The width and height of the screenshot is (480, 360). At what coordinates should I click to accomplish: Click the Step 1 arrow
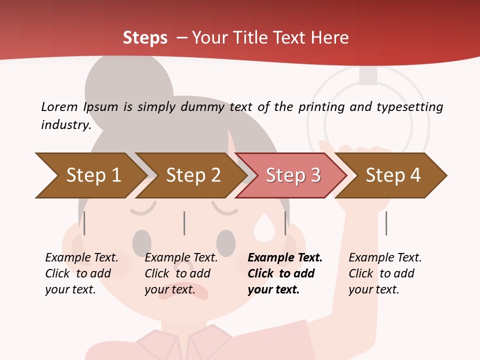click(x=90, y=175)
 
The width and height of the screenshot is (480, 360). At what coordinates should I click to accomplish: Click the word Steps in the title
click(x=145, y=37)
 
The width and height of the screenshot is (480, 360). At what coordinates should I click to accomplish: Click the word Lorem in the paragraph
click(x=59, y=106)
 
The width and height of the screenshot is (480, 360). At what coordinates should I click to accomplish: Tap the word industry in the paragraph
click(x=65, y=124)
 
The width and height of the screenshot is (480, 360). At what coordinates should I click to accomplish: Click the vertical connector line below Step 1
click(x=84, y=223)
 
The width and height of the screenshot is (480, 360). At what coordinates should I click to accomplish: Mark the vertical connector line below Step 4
click(x=386, y=223)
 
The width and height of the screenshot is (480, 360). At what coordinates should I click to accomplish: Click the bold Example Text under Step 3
click(x=285, y=258)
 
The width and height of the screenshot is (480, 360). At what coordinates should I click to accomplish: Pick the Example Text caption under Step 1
click(x=81, y=258)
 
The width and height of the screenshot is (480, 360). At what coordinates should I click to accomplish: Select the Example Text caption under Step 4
click(x=385, y=258)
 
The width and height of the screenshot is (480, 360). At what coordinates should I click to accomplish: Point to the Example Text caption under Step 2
click(x=181, y=258)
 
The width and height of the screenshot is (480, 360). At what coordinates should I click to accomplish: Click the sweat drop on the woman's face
click(x=263, y=227)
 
